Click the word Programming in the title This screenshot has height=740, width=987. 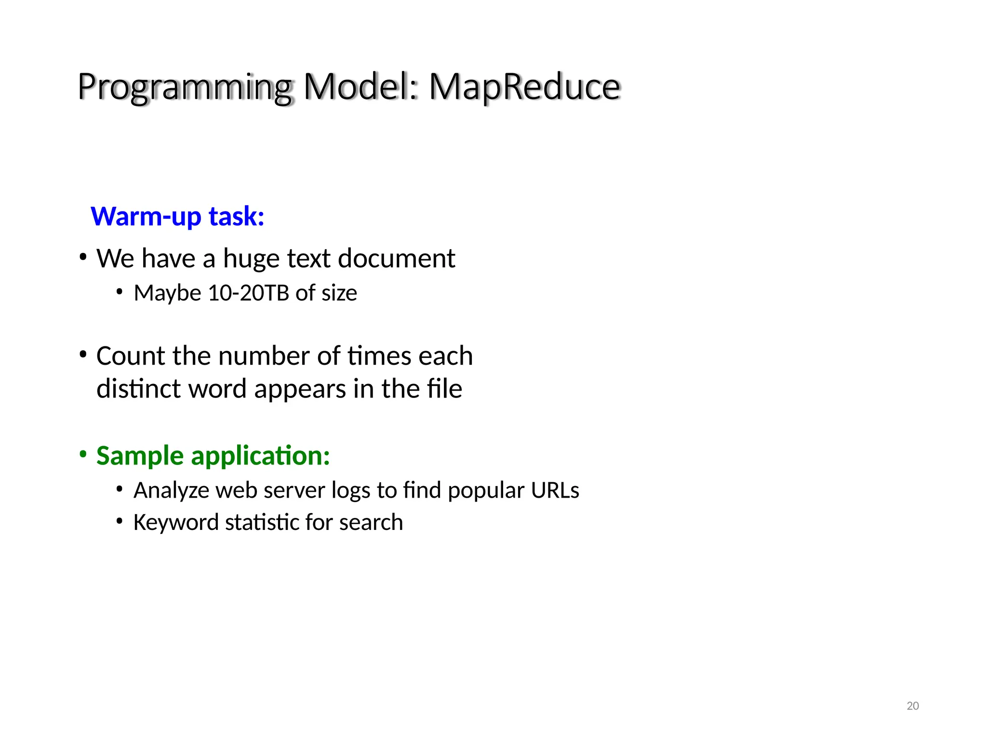[185, 88]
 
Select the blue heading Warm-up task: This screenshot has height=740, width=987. [177, 216]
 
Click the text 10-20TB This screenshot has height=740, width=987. [248, 293]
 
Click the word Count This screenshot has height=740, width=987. [131, 356]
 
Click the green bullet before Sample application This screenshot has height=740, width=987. [83, 454]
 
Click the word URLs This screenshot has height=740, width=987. [555, 490]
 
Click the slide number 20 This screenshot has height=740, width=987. [912, 706]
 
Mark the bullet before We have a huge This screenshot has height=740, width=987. [83, 257]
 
